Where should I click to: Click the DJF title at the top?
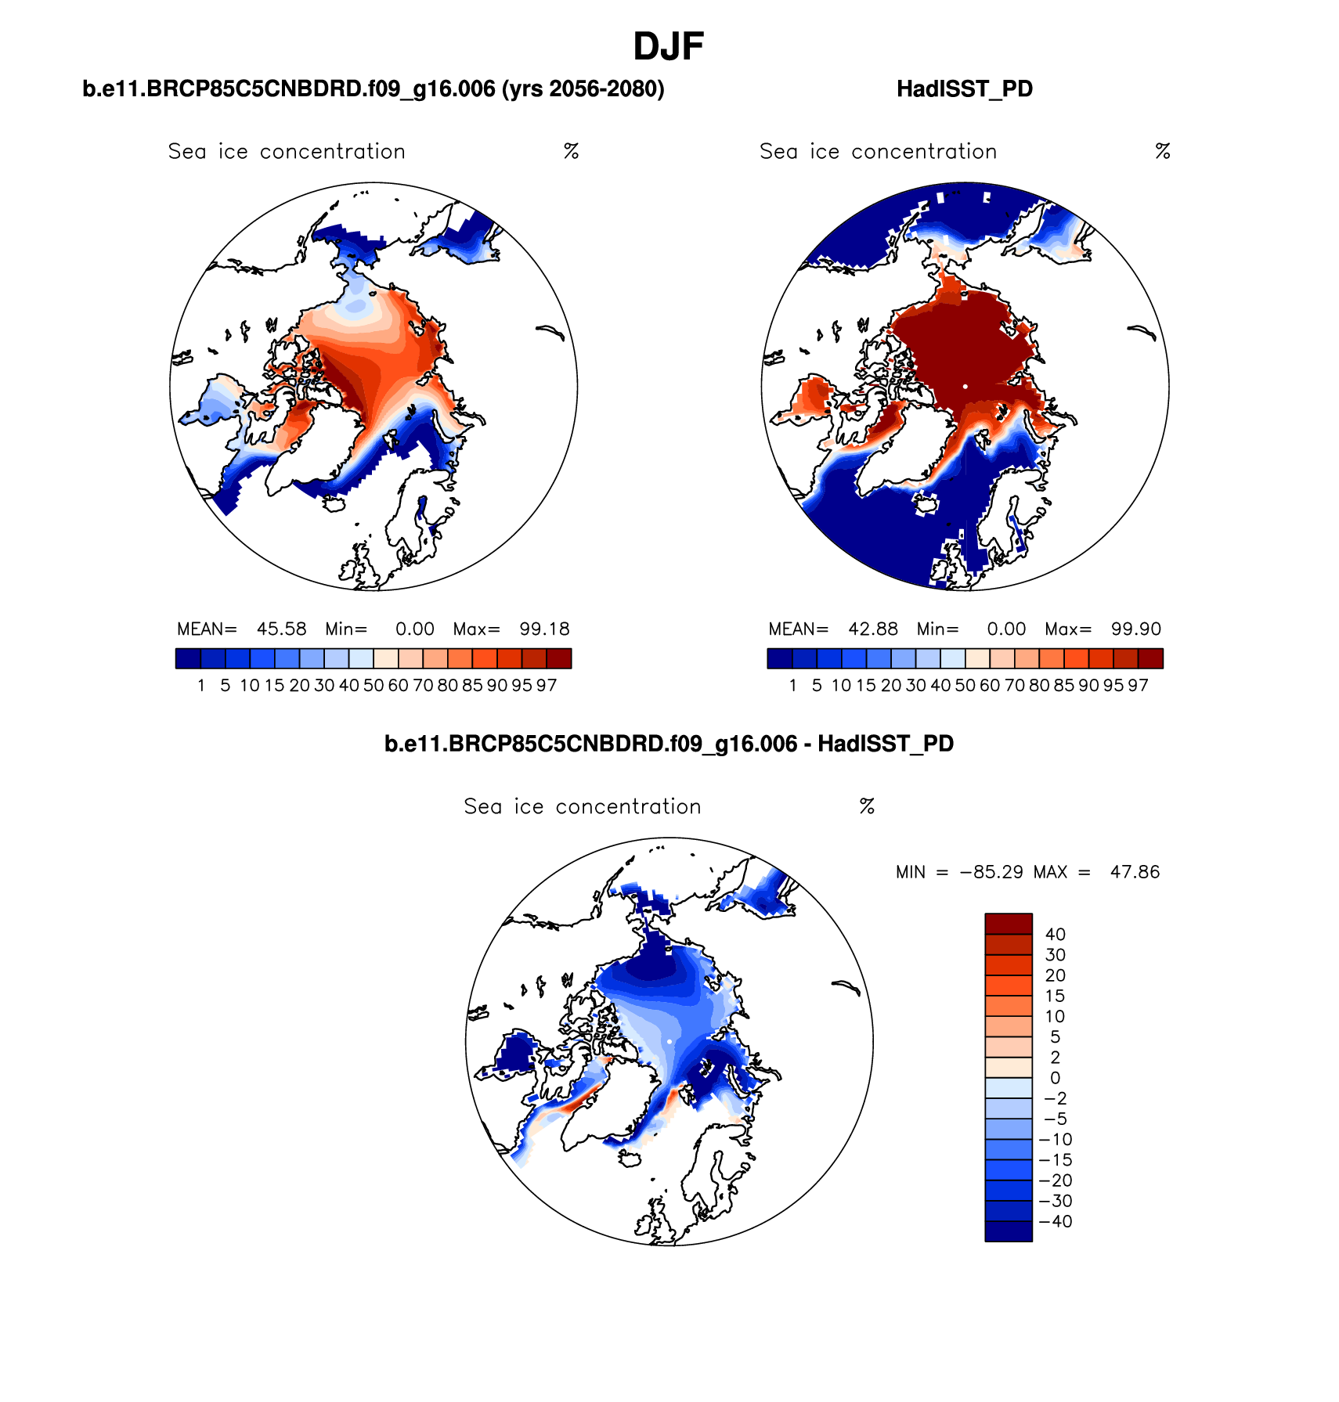tap(668, 47)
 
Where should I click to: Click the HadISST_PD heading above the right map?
tap(964, 89)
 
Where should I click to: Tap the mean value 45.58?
tap(281, 629)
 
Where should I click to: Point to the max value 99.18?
tap(544, 629)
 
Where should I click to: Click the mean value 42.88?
tap(873, 629)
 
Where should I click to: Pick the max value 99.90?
tap(1135, 629)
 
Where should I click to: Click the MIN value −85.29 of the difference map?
tap(991, 872)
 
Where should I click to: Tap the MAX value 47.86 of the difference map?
tap(1135, 872)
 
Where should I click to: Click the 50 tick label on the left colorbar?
tap(374, 686)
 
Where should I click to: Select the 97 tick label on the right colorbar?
tap(1138, 686)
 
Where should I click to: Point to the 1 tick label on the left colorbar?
tap(201, 686)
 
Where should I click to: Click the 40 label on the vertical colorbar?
tap(1055, 935)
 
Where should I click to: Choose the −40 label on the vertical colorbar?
tap(1055, 1222)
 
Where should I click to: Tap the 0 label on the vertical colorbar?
tap(1055, 1079)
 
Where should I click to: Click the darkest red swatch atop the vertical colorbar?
tap(1008, 924)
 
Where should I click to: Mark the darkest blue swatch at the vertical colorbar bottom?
tap(1008, 1231)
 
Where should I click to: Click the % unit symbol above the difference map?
tap(866, 807)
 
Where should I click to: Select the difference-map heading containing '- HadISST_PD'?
tap(669, 744)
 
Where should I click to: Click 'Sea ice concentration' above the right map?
tap(878, 152)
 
